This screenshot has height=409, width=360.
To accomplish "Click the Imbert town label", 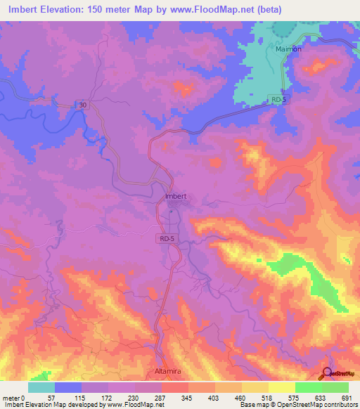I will [x=175, y=196].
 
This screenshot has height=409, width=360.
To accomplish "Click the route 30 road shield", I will [x=83, y=105].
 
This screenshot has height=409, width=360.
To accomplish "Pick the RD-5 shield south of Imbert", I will [x=165, y=238].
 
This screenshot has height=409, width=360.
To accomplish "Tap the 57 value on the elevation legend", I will [x=51, y=397].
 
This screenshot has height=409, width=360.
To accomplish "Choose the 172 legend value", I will [x=105, y=397].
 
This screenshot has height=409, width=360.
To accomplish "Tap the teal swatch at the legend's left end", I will [x=41, y=387].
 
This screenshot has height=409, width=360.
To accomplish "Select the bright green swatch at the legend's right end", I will [x=335, y=387].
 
